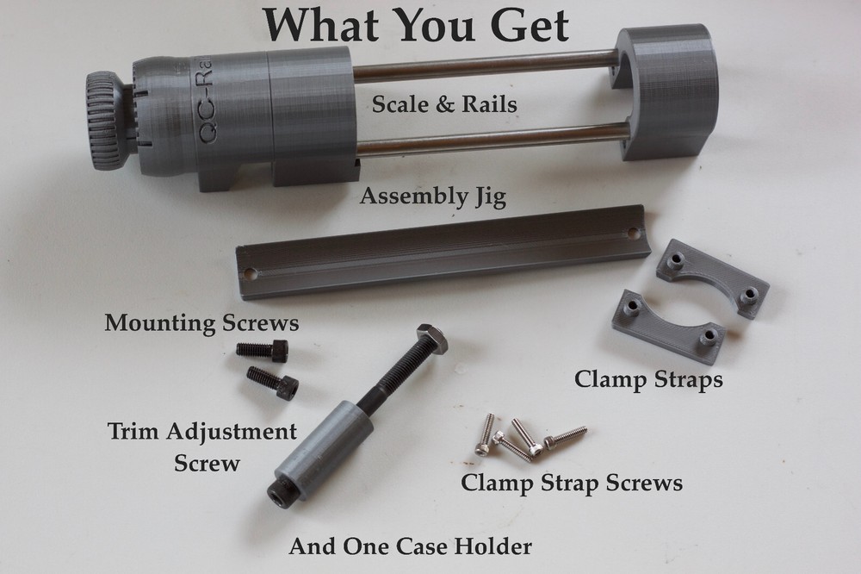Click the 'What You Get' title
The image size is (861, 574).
pyautogui.click(x=416, y=25)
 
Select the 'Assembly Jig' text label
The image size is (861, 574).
pyautogui.click(x=432, y=197)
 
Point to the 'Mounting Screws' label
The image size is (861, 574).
pyautogui.click(x=201, y=324)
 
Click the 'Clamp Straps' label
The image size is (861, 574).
pyautogui.click(x=647, y=378)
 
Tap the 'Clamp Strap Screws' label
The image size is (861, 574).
pyautogui.click(x=572, y=483)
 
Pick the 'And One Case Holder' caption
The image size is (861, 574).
pyautogui.click(x=410, y=546)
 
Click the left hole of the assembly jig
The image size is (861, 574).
pyautogui.click(x=251, y=274)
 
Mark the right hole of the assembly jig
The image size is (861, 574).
pyautogui.click(x=634, y=234)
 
